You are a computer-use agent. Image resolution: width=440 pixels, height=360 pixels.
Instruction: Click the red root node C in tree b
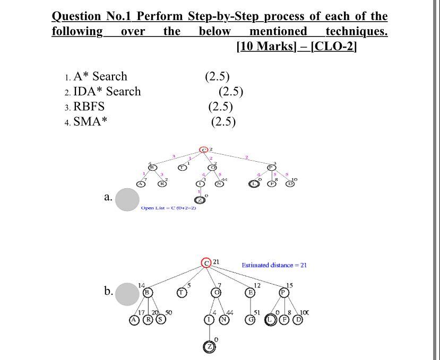click(x=206, y=262)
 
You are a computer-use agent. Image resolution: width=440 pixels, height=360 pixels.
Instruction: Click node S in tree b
click(x=159, y=320)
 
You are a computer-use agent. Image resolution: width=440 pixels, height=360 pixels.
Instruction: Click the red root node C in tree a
click(x=203, y=150)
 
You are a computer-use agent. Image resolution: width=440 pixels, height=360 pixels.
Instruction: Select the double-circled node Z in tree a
click(x=199, y=200)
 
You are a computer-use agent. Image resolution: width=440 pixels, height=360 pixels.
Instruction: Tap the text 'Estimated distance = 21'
click(x=274, y=265)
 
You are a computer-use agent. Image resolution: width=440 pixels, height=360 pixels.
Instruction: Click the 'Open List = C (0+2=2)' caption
click(x=169, y=208)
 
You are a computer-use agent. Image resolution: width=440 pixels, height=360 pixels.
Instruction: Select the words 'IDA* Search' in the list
click(x=107, y=91)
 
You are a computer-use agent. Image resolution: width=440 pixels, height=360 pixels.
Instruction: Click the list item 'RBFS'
click(x=89, y=106)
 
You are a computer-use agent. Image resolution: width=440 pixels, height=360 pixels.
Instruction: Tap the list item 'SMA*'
click(x=90, y=121)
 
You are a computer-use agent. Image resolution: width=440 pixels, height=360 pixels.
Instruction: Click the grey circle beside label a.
click(x=127, y=199)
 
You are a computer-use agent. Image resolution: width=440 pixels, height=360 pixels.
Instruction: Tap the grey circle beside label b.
click(x=127, y=294)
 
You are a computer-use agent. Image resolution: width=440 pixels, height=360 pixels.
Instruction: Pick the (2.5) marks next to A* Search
click(x=217, y=76)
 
